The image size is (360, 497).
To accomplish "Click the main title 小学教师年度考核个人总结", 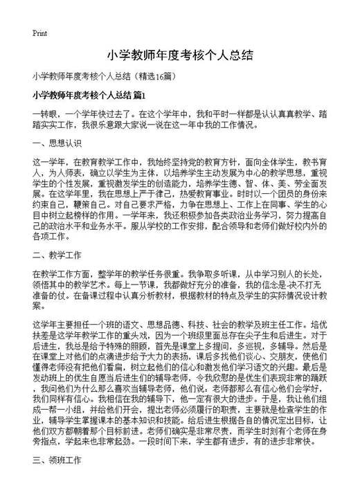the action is [x=179, y=56].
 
